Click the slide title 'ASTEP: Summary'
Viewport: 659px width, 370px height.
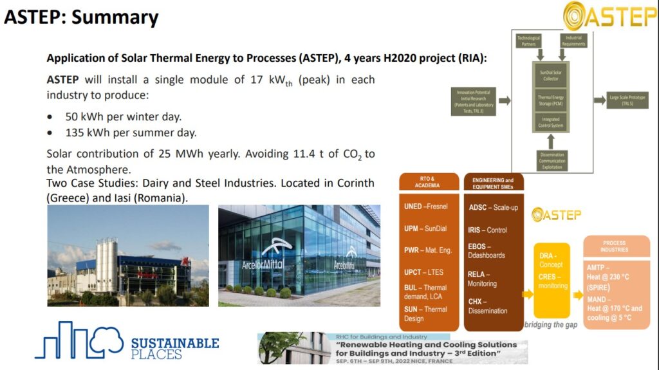pos(81,17)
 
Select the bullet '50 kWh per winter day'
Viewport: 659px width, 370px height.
pos(123,117)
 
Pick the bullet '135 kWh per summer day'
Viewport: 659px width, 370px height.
pos(131,133)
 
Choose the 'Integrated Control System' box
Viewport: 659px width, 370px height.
pos(551,122)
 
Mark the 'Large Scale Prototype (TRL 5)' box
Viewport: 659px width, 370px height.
pos(627,99)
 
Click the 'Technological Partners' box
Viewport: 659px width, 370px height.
pos(529,41)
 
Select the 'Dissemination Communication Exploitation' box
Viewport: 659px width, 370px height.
pos(551,159)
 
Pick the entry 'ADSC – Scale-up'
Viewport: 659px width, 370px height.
pos(493,207)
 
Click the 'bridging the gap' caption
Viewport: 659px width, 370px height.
pos(551,325)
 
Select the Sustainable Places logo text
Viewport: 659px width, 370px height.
pos(174,348)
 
